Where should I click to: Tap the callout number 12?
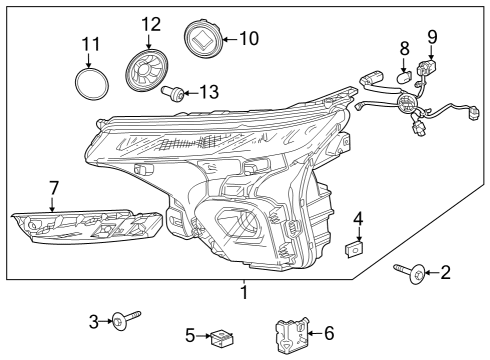(150, 23)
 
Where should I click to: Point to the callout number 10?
(247, 39)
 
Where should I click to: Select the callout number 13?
(208, 92)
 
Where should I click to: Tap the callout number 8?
(404, 47)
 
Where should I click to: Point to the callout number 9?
(432, 37)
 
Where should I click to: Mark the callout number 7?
(54, 187)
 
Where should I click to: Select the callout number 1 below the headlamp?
(243, 293)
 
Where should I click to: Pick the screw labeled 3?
(121, 320)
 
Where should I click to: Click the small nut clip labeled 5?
(221, 339)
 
